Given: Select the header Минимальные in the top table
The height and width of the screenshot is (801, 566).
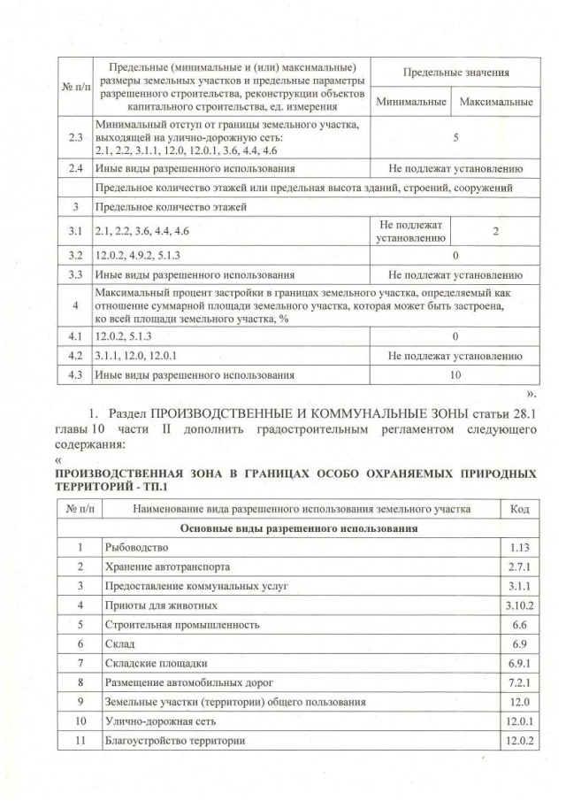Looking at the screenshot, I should tap(410, 103).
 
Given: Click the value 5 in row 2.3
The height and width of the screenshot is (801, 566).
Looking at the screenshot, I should tap(455, 138).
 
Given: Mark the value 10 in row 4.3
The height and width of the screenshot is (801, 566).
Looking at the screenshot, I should tap(455, 374).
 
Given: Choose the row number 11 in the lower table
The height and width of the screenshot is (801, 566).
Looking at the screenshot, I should tap(80, 741).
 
